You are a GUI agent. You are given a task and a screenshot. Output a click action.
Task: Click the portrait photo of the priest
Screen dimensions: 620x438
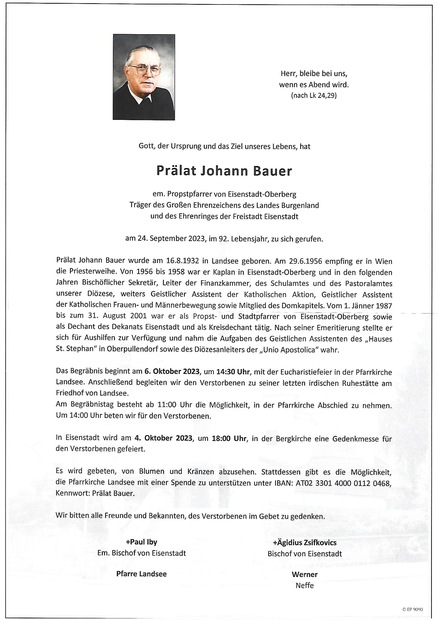tap(144, 77)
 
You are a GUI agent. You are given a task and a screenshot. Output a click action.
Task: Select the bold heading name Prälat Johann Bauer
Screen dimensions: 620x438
tap(224, 171)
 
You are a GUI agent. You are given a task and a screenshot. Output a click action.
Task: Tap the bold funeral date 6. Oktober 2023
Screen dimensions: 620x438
tap(172, 372)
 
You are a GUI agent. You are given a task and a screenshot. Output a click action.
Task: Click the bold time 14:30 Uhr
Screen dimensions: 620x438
tap(234, 372)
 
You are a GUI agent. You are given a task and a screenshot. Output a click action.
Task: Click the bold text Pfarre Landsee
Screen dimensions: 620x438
tap(141, 566)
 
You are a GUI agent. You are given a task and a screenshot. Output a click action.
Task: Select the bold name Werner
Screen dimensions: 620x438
tap(305, 566)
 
